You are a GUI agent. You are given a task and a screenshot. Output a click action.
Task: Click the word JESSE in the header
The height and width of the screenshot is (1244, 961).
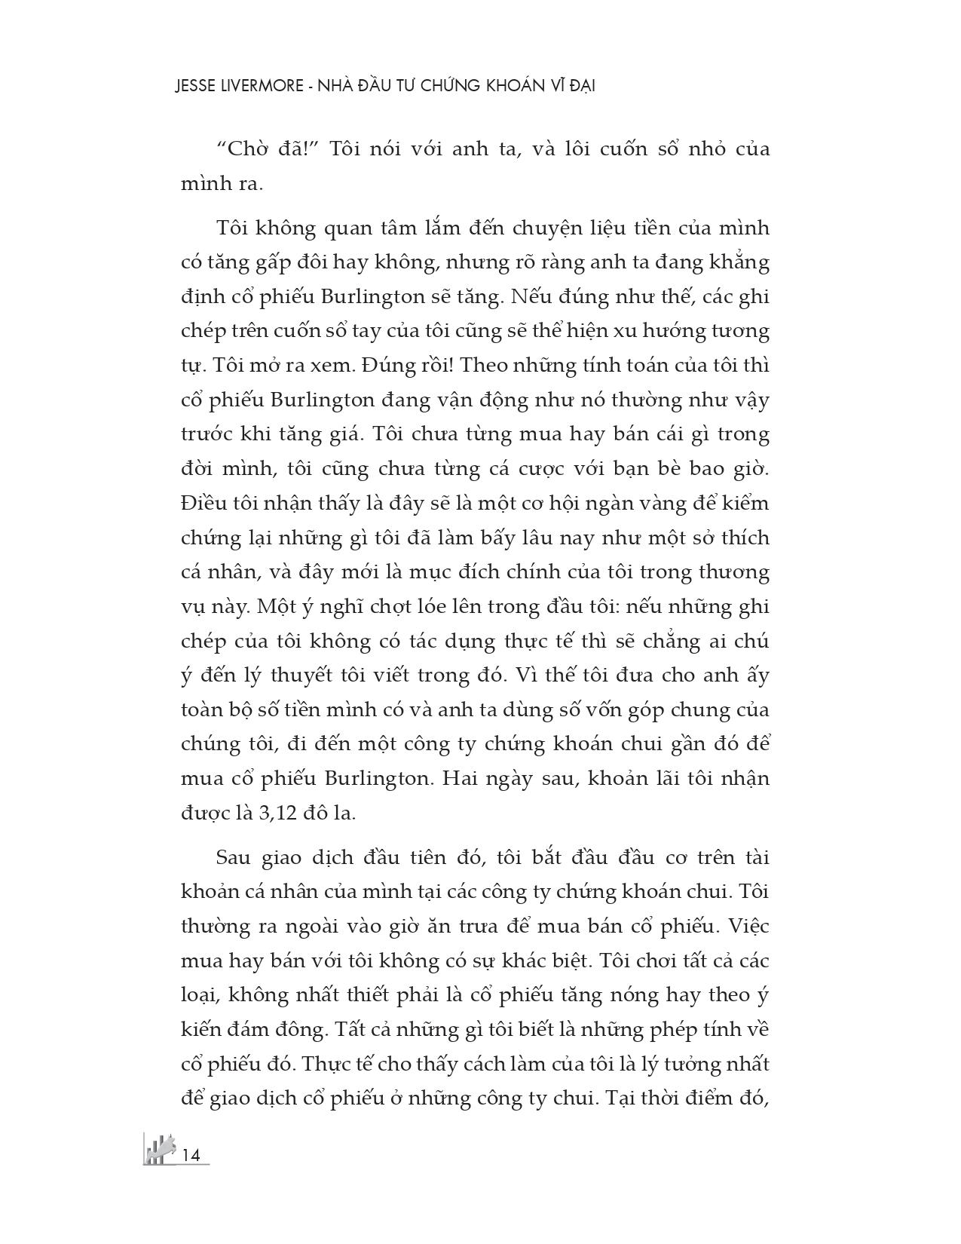point(194,86)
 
